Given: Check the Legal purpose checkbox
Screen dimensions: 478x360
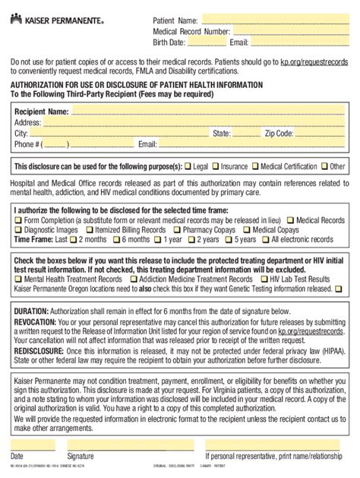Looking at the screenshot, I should coord(188,165).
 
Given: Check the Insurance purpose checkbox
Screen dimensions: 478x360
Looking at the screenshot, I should coord(216,165).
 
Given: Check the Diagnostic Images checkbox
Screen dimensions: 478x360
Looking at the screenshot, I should coord(17,229).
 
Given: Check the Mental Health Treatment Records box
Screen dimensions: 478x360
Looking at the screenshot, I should coord(17,279).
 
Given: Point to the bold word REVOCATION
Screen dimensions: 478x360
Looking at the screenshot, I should coord(36,322).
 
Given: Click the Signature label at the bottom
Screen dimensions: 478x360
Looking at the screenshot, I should coord(81,456).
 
